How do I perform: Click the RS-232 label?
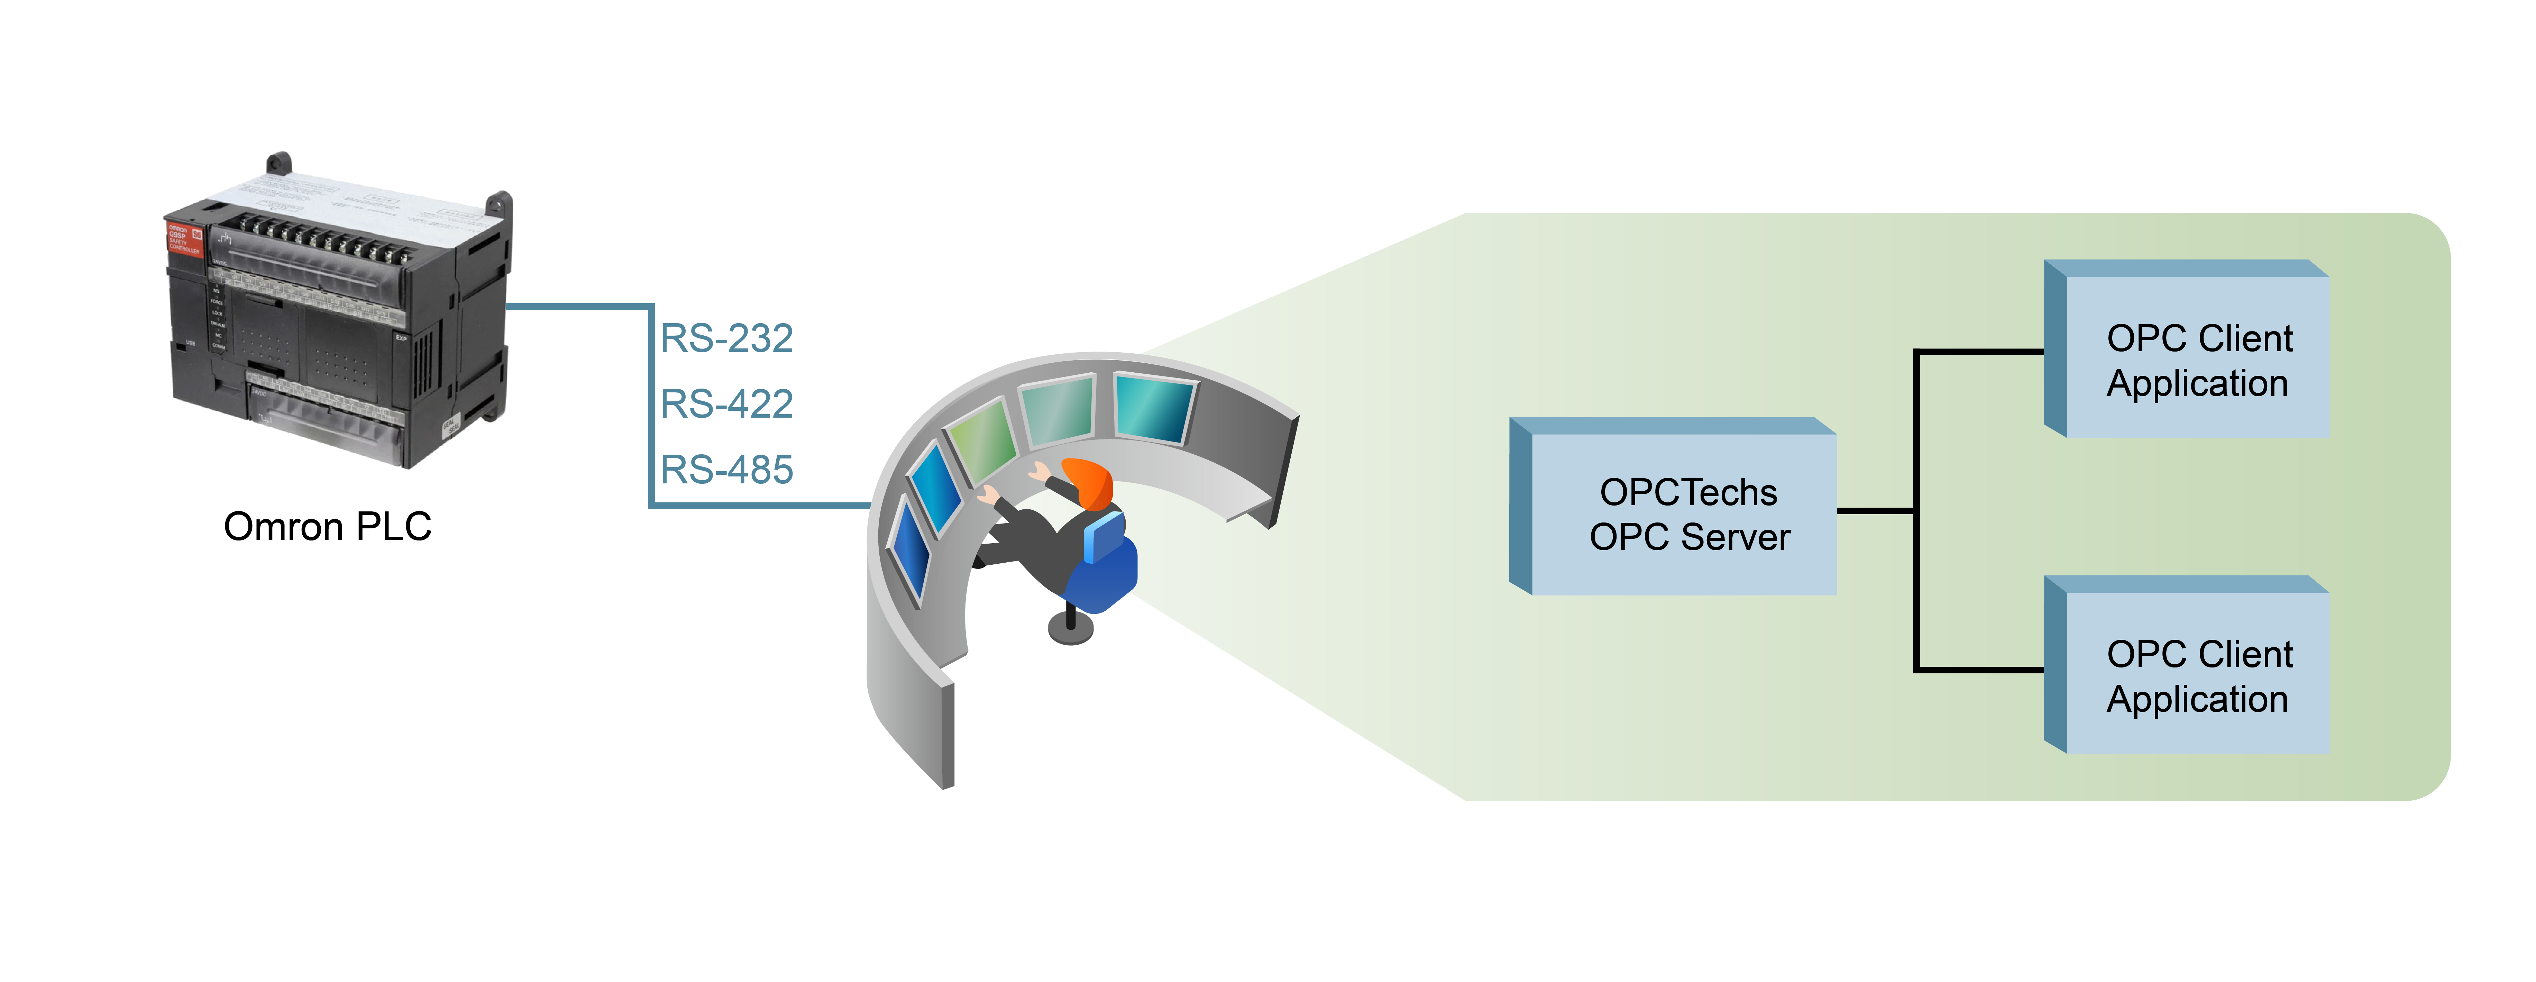(726, 339)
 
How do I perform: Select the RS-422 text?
(726, 404)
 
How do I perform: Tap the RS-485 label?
(726, 470)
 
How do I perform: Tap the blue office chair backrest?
(1105, 537)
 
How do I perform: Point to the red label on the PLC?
(183, 239)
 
